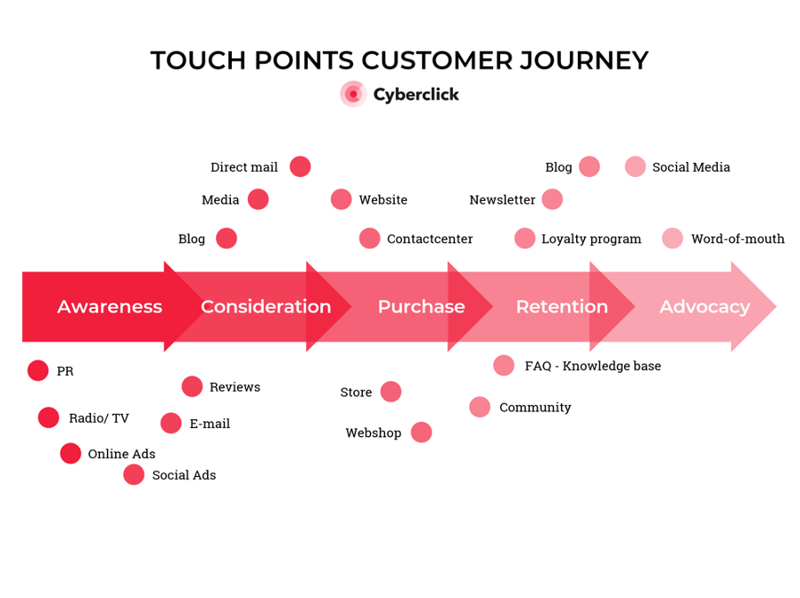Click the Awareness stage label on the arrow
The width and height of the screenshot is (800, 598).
pyautogui.click(x=110, y=307)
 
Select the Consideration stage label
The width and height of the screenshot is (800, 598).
pyautogui.click(x=265, y=307)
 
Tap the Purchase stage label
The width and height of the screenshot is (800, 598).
pyautogui.click(x=421, y=307)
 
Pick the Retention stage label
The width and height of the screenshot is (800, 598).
pyautogui.click(x=562, y=307)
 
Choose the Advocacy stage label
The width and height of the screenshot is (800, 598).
pyautogui.click(x=704, y=307)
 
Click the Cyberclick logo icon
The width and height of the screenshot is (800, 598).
pyautogui.click(x=353, y=94)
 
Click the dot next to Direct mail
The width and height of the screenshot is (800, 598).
pyautogui.click(x=300, y=166)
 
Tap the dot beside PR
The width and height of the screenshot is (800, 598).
pyautogui.click(x=38, y=371)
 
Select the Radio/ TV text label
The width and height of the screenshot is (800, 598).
pyautogui.click(x=99, y=418)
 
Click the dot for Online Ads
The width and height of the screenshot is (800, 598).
pyautogui.click(x=71, y=454)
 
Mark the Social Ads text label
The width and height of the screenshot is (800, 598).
pyautogui.click(x=184, y=475)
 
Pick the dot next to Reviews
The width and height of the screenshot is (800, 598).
pyautogui.click(x=192, y=387)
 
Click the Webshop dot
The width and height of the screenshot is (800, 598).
pyautogui.click(x=421, y=433)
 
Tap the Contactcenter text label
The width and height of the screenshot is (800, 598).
pyautogui.click(x=430, y=239)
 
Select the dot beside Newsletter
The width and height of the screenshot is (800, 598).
pyautogui.click(x=552, y=199)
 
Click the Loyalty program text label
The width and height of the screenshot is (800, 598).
pyautogui.click(x=591, y=239)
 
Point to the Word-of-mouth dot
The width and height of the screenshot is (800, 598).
pyautogui.click(x=673, y=238)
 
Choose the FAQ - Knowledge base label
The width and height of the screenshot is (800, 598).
pyautogui.click(x=593, y=366)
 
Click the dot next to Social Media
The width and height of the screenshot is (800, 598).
pyautogui.click(x=635, y=166)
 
